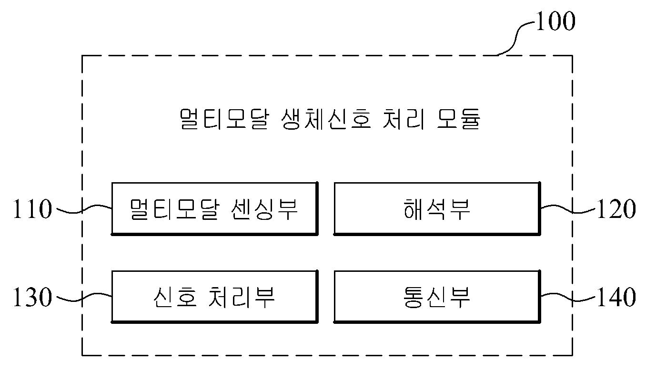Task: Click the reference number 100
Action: tap(555, 21)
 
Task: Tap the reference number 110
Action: tap(32, 209)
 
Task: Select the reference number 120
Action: tap(616, 209)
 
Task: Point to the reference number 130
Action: tap(32, 297)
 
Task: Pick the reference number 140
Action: tap(616, 297)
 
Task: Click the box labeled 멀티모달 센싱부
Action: tap(215, 209)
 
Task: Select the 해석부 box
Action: tap(437, 209)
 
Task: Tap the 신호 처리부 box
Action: tap(215, 297)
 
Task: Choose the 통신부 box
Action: tap(437, 297)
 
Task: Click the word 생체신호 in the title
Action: tap(326, 119)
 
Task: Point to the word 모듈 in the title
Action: tap(458, 119)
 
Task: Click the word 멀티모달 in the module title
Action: tap(224, 119)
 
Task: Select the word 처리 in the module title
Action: tap(404, 119)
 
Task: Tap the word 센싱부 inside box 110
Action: tap(264, 209)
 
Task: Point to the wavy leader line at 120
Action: tap(568, 209)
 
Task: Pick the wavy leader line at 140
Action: tap(568, 297)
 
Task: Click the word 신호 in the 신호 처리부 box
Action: tap(175, 297)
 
